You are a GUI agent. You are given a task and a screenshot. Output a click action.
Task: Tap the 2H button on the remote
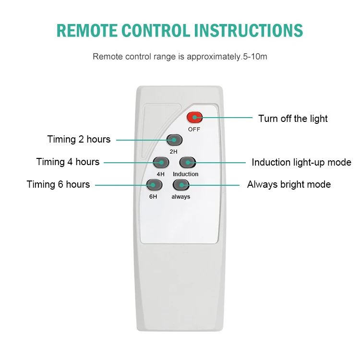pos(174,140)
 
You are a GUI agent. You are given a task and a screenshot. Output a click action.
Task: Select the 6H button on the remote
pos(154,185)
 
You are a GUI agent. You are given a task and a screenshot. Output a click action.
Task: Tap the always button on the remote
pos(180,185)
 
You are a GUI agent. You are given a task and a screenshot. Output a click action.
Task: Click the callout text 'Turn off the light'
pos(293,119)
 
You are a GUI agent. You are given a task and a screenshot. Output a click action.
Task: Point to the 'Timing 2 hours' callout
pos(79,140)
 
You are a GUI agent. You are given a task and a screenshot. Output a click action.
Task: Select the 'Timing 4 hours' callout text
pos(68,162)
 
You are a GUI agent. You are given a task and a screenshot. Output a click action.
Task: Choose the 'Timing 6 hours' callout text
pos(58,184)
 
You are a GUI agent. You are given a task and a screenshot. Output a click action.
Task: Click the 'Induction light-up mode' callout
pos(301,162)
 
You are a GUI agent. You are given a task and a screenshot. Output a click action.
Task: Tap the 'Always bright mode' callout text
pos(289,184)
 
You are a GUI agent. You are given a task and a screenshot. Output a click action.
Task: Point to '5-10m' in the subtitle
pos(255,57)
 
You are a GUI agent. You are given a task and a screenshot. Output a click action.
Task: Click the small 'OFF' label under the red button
pos(194,129)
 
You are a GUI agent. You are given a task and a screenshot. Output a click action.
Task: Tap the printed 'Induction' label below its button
pos(186,174)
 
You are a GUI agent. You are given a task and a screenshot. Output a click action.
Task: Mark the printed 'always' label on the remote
pos(180,197)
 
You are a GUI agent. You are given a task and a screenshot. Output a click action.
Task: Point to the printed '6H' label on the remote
pos(152,197)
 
